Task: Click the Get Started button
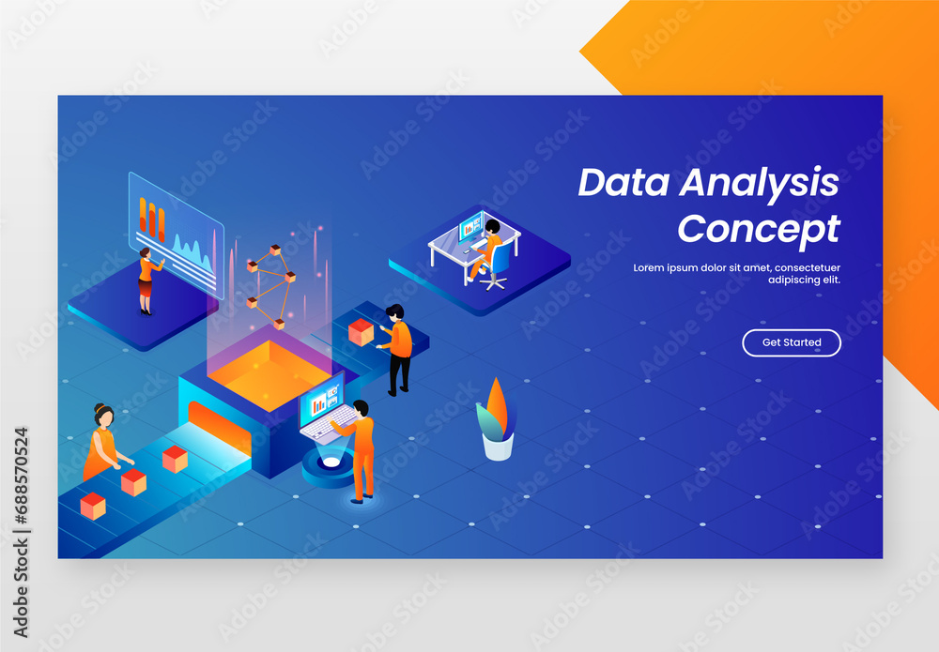791,342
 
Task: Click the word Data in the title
623,182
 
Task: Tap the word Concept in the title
759,228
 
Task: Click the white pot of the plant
498,446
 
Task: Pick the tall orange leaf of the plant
498,405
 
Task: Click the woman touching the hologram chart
146,280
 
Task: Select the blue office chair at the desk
499,264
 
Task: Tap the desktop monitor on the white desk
470,228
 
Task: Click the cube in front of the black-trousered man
361,331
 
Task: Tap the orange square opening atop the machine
269,369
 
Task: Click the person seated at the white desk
489,245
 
